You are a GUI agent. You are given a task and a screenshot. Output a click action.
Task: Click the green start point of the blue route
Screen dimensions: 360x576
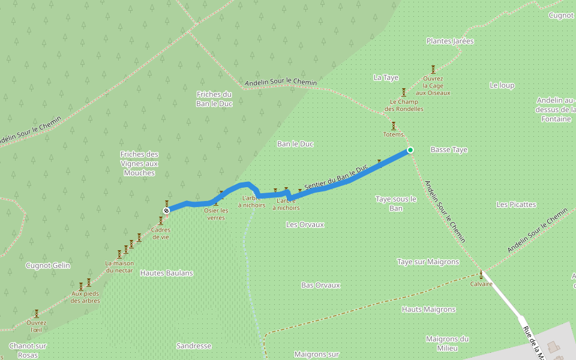(410, 149)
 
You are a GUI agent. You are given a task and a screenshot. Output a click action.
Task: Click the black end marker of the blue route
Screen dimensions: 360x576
(166, 210)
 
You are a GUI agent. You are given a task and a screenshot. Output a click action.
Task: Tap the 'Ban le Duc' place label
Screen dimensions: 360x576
(295, 144)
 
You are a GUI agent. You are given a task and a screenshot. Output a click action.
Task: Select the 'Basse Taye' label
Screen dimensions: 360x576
(449, 149)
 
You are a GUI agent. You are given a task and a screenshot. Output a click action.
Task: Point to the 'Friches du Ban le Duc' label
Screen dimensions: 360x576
(214, 99)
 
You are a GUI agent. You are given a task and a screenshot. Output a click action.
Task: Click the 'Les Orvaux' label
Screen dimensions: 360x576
(305, 224)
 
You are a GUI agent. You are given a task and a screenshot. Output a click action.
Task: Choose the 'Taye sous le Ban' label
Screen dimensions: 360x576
(395, 203)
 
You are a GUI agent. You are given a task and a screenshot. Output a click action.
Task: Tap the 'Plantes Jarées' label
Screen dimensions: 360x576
(450, 41)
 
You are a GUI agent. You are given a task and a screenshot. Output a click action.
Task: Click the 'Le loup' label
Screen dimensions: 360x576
(502, 85)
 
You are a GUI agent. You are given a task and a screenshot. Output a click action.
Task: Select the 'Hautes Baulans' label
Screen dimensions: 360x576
(166, 273)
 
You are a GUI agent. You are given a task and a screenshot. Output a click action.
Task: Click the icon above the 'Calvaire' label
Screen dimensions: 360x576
(481, 275)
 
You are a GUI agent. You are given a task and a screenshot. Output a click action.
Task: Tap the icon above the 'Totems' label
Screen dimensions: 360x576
(394, 126)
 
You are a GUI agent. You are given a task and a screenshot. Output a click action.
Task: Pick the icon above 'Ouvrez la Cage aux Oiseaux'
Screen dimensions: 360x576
(433, 70)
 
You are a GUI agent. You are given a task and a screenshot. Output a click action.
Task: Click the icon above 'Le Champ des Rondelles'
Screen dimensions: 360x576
(404, 92)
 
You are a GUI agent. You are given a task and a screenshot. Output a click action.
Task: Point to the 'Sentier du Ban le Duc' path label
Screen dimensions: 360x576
(336, 178)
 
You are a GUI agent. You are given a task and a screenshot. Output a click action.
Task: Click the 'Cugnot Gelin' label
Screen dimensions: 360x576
(48, 265)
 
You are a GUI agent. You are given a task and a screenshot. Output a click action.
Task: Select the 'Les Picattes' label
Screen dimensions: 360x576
(516, 205)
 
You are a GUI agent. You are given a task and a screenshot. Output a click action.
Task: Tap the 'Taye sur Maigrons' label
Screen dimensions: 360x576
(428, 262)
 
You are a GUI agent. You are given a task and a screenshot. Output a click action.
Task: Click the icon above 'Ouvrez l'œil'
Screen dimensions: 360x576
(36, 313)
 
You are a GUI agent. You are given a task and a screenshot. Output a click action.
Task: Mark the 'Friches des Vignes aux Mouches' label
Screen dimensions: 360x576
(139, 163)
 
